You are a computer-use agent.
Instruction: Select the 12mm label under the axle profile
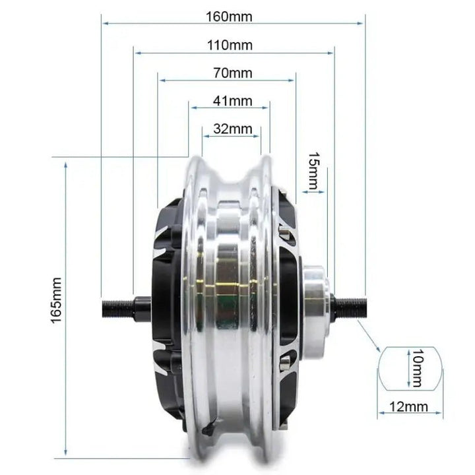click(408, 408)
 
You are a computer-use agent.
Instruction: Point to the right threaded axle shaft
click(350, 304)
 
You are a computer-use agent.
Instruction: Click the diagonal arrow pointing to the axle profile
click(371, 340)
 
